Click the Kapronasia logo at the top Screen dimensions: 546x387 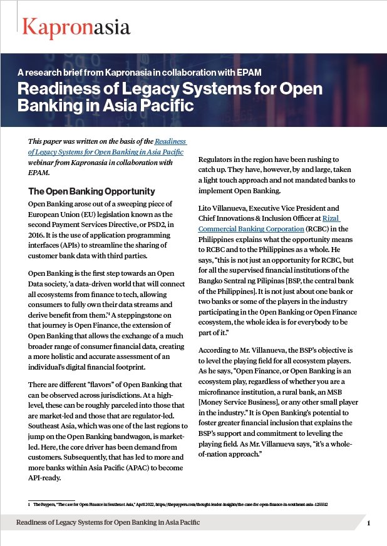click(76, 27)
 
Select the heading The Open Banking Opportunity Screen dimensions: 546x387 click(88, 191)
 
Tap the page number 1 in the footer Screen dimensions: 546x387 click(369, 523)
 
